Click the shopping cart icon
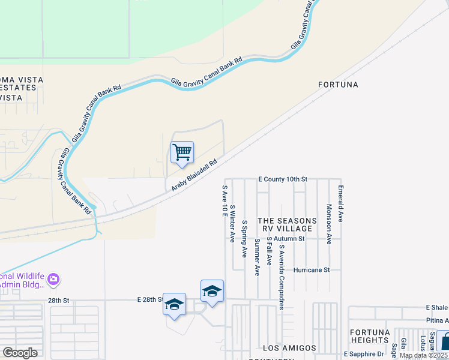182,152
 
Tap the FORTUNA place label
338,85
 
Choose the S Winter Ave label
232,224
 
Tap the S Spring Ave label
244,239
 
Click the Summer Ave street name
257,257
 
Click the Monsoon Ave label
329,224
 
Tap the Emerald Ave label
340,204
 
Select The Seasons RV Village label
285,225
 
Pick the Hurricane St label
310,270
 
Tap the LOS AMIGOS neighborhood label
289,348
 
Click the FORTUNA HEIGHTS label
370,337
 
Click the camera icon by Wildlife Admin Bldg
53,278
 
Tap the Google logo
20,353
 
